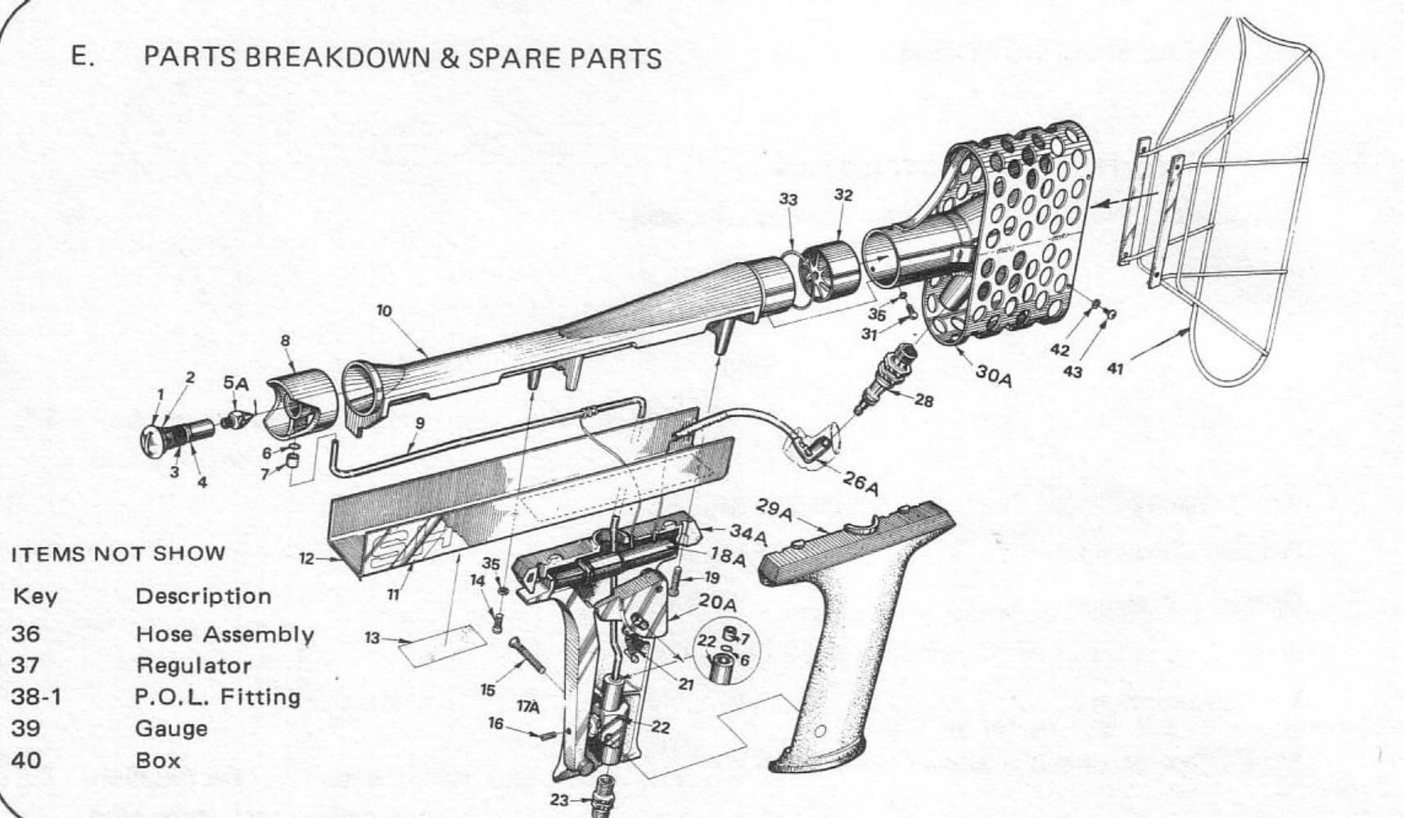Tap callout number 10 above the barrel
click(384, 310)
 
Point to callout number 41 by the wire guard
click(1115, 369)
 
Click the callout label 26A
click(860, 483)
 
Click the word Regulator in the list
click(193, 666)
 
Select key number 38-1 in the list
click(35, 697)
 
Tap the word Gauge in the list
click(171, 729)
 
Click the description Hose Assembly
click(224, 635)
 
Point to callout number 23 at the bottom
click(559, 800)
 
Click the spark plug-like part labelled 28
click(886, 377)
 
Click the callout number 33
click(788, 200)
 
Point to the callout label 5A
click(236, 383)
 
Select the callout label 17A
click(529, 705)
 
